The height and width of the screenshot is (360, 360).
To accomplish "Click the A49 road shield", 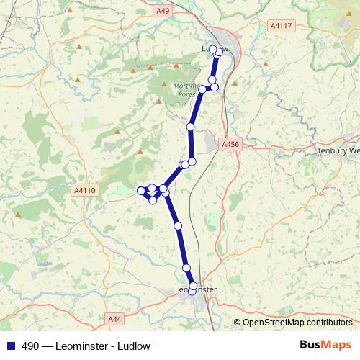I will (x=163, y=11).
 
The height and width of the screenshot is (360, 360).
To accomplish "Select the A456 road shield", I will (x=230, y=145).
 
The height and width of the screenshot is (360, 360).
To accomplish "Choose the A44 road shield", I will (x=114, y=318).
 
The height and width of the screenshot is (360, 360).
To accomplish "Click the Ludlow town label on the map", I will (x=215, y=49).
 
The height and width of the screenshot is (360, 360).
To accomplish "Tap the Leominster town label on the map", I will (x=195, y=290).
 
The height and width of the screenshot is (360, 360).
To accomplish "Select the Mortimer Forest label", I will (x=186, y=89).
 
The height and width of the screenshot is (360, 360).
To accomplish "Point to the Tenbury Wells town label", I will (x=338, y=151).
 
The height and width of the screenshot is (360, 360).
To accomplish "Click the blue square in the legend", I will (x=10, y=346).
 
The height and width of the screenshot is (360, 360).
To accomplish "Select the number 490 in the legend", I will (x=30, y=346).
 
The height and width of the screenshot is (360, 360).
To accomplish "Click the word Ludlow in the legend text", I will (x=135, y=346).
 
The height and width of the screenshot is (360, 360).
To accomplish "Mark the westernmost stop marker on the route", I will (x=141, y=191).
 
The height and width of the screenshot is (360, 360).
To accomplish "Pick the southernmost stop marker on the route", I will (x=192, y=291).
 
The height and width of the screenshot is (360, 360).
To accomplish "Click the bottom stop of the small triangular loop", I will (x=153, y=200).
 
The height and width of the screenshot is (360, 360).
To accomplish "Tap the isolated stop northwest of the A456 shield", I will (x=191, y=127).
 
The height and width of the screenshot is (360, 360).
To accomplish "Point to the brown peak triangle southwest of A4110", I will (x=17, y=213).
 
